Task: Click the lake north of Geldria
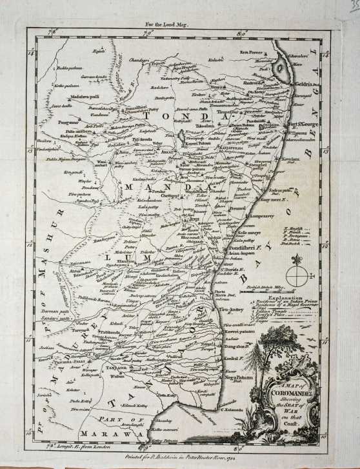point(281,67)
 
